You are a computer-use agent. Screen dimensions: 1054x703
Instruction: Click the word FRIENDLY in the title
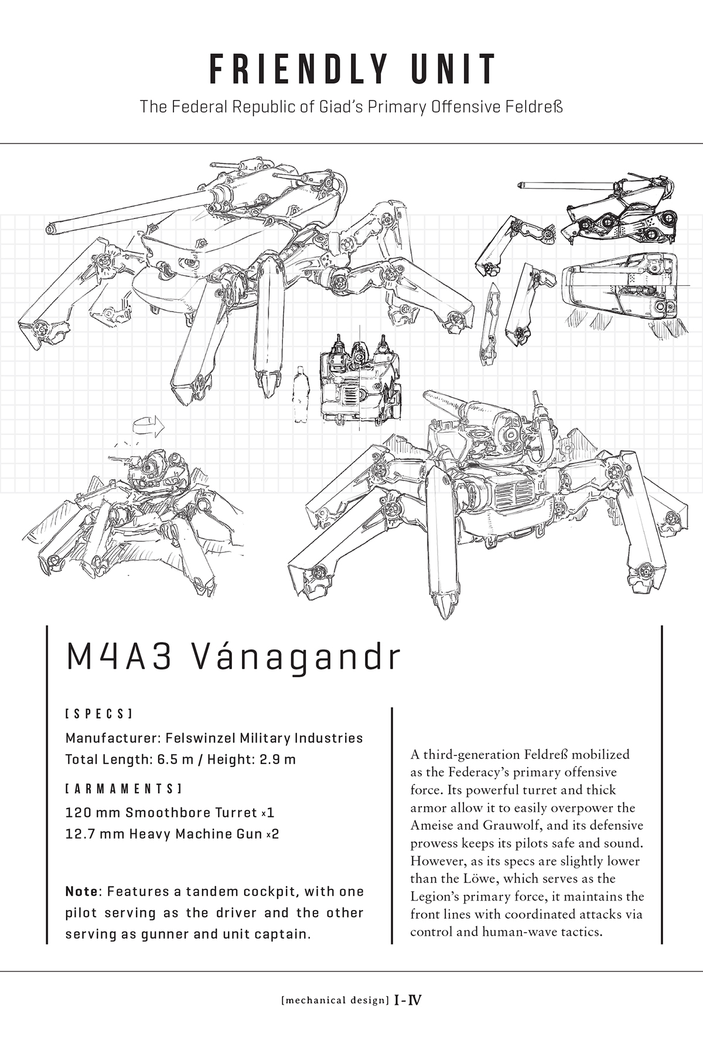(299, 69)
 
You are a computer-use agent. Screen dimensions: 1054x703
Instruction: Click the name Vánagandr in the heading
(297, 658)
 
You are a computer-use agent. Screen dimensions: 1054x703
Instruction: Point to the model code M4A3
(119, 658)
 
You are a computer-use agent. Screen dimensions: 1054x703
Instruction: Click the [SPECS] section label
(98, 714)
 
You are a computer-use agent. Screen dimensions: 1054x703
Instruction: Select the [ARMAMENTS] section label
(123, 789)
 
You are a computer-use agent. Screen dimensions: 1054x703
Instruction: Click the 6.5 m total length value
(176, 760)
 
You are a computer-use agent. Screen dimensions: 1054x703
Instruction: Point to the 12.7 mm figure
(94, 834)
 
